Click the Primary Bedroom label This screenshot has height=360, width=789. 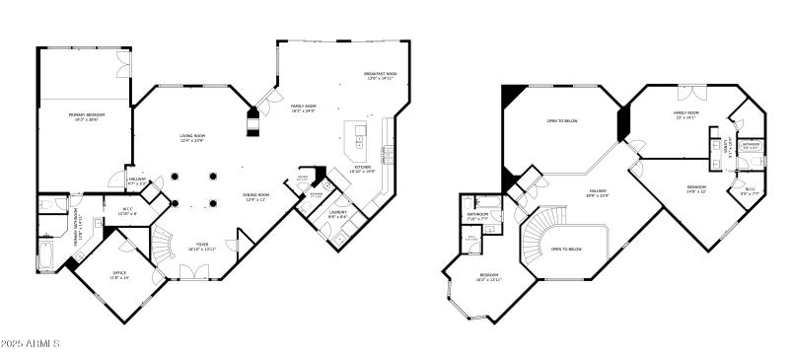pos(87,116)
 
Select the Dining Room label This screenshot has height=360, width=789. pos(256,197)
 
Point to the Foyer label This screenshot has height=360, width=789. pos(201,246)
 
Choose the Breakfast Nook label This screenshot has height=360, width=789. pos(380,76)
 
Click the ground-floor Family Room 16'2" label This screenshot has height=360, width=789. pos(303,108)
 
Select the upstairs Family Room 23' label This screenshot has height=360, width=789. pos(686,116)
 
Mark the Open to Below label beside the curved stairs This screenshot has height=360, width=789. pos(566,250)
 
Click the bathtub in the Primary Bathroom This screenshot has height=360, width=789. pos(46,254)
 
